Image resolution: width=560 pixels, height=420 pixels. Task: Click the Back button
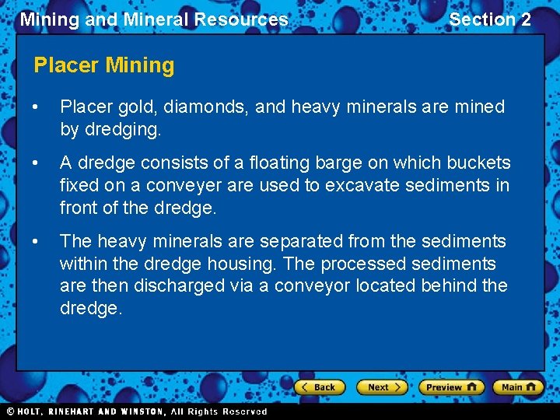(x=319, y=387)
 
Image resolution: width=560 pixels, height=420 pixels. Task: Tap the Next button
(x=381, y=387)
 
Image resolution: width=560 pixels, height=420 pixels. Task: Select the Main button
(x=517, y=387)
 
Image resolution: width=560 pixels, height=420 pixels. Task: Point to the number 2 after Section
(x=525, y=19)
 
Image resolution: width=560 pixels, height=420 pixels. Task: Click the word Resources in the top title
(x=243, y=19)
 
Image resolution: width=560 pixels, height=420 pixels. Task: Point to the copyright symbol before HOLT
(x=10, y=411)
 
